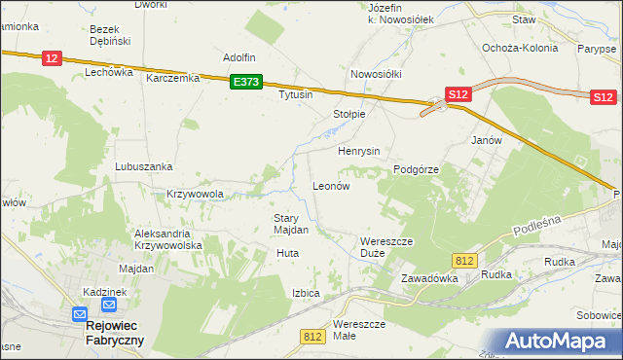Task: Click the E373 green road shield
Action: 246,84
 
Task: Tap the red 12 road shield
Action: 53,59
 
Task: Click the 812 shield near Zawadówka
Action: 464,260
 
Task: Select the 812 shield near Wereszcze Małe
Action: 312,336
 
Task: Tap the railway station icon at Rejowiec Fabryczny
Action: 80,314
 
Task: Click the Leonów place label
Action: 330,185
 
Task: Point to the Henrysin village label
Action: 358,152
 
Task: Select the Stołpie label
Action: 348,114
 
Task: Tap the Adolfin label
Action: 239,57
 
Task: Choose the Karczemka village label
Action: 172,78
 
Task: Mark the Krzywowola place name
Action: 195,194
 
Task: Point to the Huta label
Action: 287,253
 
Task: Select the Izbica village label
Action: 306,292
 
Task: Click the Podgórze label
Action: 417,169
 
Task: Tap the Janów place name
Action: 486,140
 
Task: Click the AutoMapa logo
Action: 562,341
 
